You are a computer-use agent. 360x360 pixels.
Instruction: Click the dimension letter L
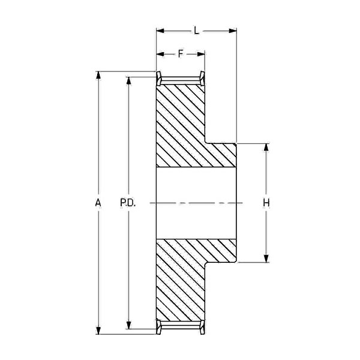point(196,31)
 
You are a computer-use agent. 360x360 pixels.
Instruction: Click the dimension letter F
point(181,54)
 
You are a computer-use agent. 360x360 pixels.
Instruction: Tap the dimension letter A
point(98,203)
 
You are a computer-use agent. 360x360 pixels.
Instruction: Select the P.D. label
point(128,203)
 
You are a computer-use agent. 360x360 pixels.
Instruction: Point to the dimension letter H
point(266,203)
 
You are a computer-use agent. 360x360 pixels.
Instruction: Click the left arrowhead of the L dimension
point(160,31)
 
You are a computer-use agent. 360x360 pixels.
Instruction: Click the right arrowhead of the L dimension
point(233,31)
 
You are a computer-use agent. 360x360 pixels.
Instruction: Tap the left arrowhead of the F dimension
point(160,54)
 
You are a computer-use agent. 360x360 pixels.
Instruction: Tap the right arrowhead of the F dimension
point(201,54)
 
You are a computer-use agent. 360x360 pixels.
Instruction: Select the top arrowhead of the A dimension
point(98,76)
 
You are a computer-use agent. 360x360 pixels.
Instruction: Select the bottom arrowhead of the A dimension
point(98,331)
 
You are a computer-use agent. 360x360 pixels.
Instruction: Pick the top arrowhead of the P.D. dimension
point(129,80)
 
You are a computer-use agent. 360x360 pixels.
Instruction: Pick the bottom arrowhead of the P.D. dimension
point(129,325)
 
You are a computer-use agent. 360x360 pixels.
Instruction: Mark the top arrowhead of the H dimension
point(266,148)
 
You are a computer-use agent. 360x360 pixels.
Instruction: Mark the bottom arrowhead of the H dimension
point(266,259)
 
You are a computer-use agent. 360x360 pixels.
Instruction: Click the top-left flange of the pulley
point(159,79)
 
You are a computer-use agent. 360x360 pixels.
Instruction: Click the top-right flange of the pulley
point(202,79)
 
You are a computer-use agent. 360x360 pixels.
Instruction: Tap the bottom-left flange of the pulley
point(159,327)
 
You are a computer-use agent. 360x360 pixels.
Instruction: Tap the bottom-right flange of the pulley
point(202,327)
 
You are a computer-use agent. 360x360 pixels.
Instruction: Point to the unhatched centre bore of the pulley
point(196,203)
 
